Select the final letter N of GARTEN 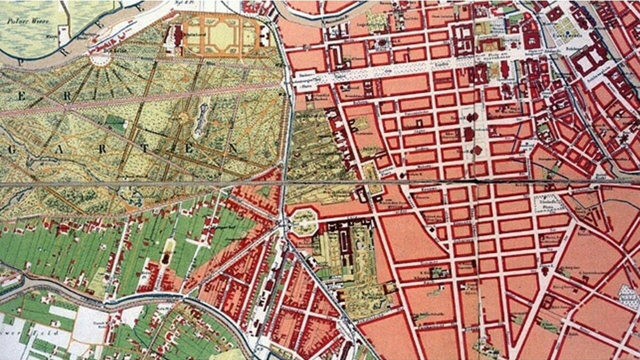tap(233, 146)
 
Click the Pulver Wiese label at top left tap(21, 21)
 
